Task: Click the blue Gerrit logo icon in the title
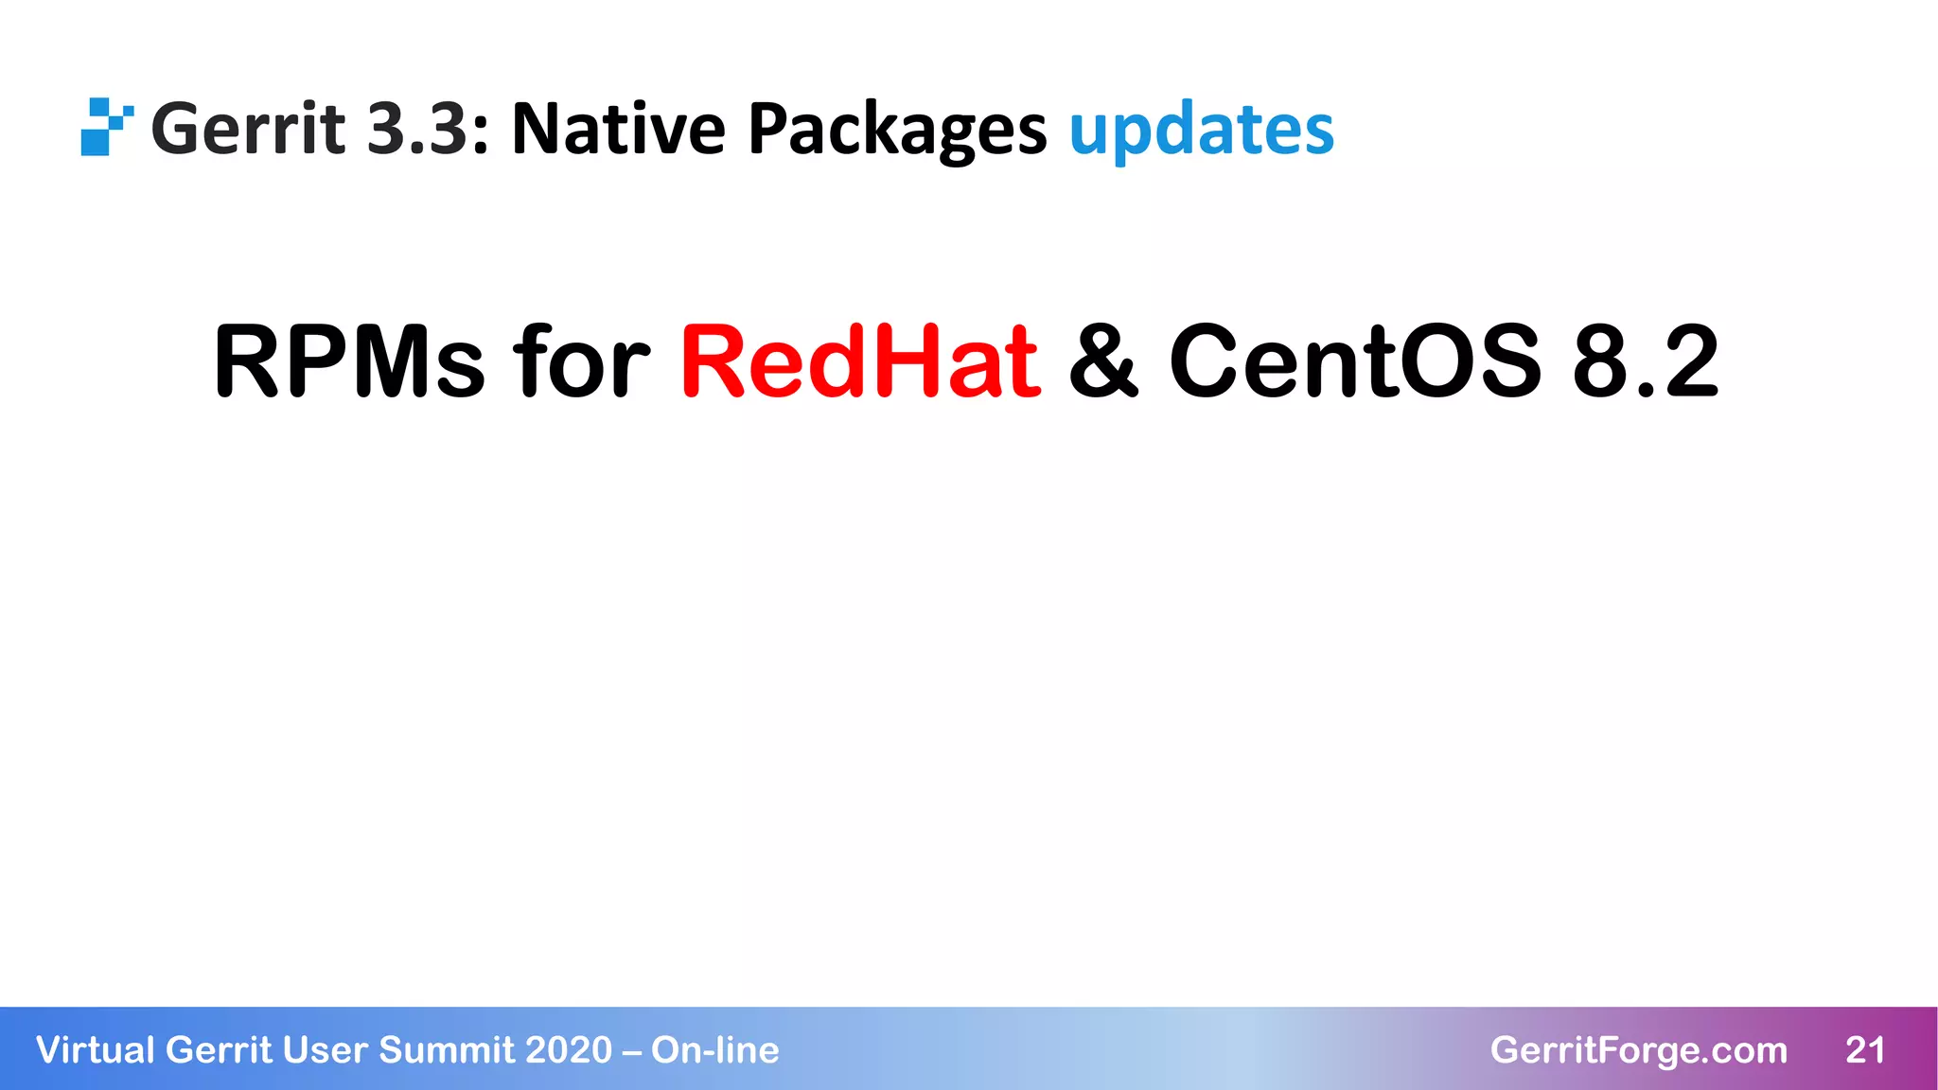point(105,127)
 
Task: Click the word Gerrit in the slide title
point(248,129)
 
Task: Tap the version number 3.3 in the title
point(417,129)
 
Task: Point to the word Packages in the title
point(897,131)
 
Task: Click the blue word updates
point(1201,131)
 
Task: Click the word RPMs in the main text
point(349,361)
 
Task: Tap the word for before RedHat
point(581,361)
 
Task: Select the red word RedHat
point(860,361)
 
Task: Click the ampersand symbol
point(1103,361)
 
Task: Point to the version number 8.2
point(1645,361)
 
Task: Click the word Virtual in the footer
point(95,1050)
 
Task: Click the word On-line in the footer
point(714,1050)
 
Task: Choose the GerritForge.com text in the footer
point(1638,1050)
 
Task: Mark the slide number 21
point(1865,1050)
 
